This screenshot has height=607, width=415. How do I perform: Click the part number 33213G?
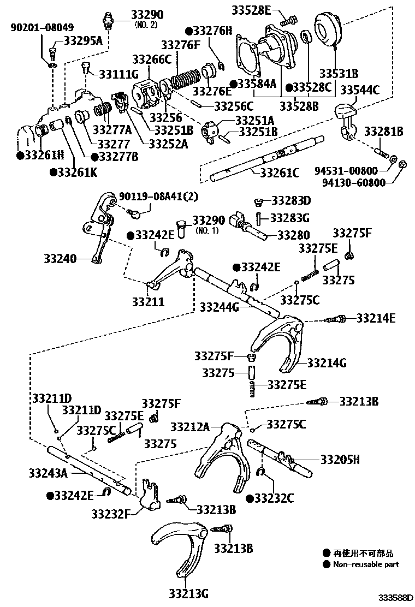pyautogui.click(x=188, y=593)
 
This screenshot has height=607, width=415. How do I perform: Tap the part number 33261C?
pyautogui.click(x=279, y=174)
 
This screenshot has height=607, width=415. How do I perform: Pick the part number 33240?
pyautogui.click(x=60, y=259)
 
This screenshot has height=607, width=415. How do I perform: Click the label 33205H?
pyautogui.click(x=340, y=460)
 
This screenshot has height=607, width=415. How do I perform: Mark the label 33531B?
pyautogui.click(x=339, y=73)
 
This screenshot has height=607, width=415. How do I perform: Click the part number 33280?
pyautogui.click(x=293, y=235)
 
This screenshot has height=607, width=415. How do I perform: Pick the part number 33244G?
pyautogui.click(x=220, y=307)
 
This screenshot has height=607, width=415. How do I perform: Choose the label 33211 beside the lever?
pyautogui.click(x=148, y=301)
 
